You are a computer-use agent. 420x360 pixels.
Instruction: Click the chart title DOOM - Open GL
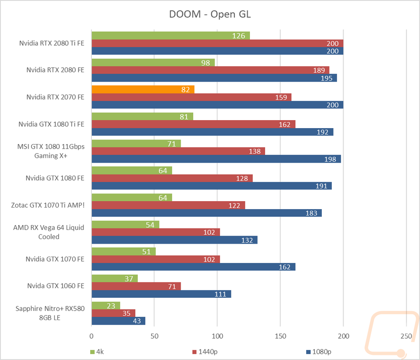210,14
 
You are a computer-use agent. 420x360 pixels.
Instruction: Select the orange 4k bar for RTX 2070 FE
143,89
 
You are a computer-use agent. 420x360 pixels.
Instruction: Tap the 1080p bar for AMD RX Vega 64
174,240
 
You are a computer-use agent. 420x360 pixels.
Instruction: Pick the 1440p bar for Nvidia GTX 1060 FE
136,286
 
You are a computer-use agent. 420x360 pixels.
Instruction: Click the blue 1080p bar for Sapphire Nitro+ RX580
118,321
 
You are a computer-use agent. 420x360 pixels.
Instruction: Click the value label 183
311,213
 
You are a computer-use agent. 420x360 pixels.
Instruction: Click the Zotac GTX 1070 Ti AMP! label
48,205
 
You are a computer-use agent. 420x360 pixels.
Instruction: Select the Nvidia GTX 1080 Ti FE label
51,124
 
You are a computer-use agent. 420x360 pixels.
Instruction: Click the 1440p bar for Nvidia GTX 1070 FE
155,259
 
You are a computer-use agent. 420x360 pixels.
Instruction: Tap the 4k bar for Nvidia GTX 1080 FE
131,171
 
